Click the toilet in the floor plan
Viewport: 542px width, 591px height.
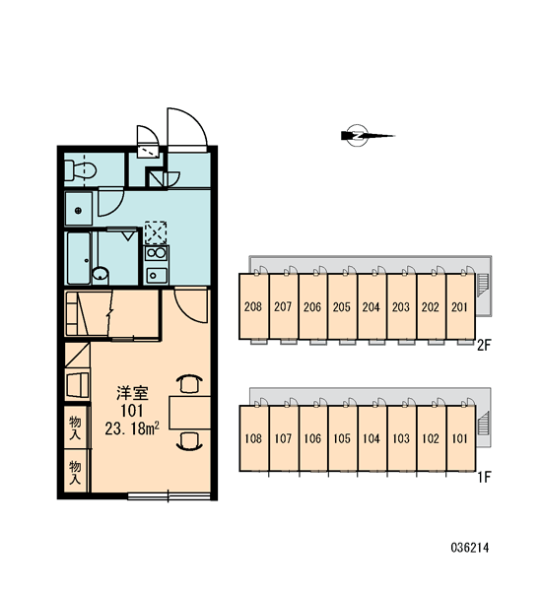tap(80, 170)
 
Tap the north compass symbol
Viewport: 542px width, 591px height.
tap(367, 135)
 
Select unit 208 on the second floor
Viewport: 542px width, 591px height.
tap(253, 306)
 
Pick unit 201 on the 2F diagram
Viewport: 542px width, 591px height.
tap(460, 306)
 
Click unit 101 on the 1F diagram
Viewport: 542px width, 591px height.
tap(460, 438)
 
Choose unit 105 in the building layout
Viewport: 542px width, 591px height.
tap(342, 438)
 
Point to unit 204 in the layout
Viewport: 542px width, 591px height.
tap(372, 306)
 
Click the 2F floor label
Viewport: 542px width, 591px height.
tap(484, 345)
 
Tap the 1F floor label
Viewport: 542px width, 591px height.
tap(484, 477)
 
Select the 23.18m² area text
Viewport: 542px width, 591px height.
tap(132, 428)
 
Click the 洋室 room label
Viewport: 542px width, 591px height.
tap(132, 393)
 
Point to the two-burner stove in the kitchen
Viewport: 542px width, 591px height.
tap(156, 252)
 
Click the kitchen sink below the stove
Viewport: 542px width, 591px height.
tap(156, 275)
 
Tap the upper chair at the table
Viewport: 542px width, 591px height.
tap(189, 384)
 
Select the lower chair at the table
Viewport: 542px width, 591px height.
tap(189, 441)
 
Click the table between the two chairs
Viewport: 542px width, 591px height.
tap(190, 413)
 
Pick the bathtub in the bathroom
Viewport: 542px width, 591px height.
tap(79, 258)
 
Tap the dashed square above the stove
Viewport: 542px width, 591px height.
tap(156, 232)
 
